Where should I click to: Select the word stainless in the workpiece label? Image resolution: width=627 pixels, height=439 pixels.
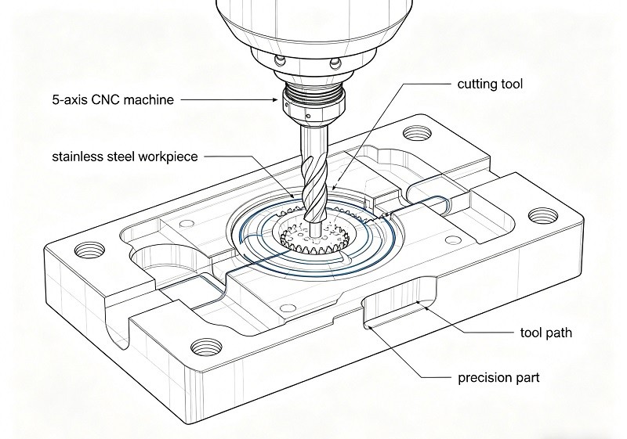(x=78, y=157)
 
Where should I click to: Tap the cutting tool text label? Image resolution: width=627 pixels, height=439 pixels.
(x=489, y=84)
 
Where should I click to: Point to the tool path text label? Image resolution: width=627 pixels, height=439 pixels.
(x=545, y=333)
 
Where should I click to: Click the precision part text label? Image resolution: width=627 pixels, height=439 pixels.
(x=498, y=378)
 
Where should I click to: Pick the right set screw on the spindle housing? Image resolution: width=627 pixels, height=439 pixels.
(x=335, y=62)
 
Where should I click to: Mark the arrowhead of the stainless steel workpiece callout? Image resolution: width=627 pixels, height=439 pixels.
(x=294, y=196)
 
